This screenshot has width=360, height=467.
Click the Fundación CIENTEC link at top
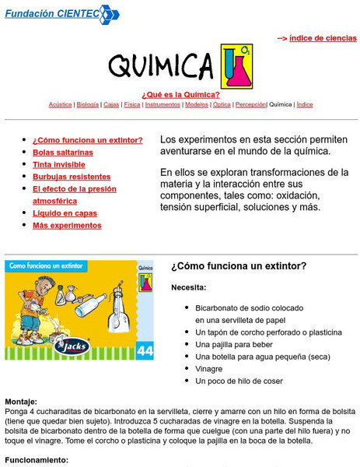tap(51, 13)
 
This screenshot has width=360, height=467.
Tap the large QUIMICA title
tap(161, 67)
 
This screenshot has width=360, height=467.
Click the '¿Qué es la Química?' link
tap(180, 94)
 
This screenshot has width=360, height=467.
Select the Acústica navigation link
tap(60, 104)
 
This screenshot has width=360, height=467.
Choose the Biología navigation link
tap(88, 104)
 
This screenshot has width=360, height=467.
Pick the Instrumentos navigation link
tap(163, 104)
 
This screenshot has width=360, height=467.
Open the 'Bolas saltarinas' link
tap(62, 153)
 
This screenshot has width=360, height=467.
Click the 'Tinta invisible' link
tap(58, 164)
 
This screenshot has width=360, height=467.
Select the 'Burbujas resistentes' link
tap(72, 177)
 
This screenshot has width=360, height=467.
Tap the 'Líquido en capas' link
tap(65, 213)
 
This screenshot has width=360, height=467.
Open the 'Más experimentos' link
tap(67, 226)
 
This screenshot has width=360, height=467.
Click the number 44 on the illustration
tap(145, 350)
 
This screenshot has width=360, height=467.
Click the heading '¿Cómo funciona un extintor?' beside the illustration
tap(238, 266)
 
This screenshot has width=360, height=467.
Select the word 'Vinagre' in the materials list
tap(208, 369)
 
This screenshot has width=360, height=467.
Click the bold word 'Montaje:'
tap(23, 402)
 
